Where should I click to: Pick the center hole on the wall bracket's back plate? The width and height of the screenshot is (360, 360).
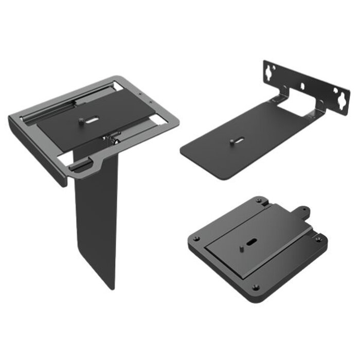click(x=303, y=85)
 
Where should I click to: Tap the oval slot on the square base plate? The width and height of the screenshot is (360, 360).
click(x=250, y=242)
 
